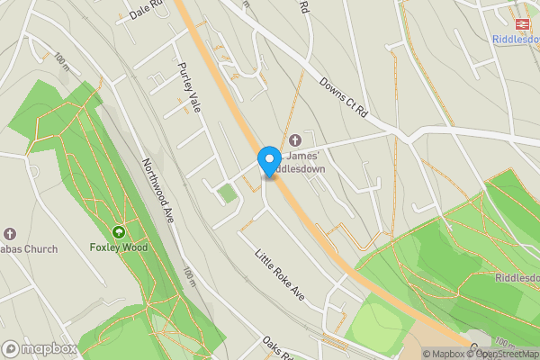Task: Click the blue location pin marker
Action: click(268, 160)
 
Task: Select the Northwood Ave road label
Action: click(157, 192)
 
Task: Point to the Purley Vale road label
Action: click(189, 87)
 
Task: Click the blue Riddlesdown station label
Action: click(516, 39)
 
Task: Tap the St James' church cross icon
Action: click(295, 140)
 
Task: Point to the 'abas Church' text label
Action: click(29, 249)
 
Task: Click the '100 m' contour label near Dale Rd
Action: click(61, 61)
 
